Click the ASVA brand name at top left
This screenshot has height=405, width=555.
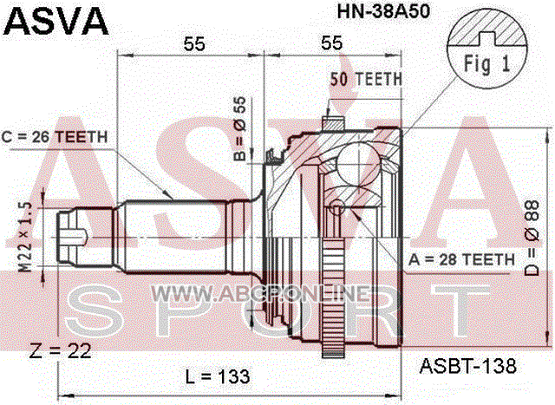pyautogui.click(x=55, y=21)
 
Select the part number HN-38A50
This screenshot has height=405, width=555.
pyautogui.click(x=383, y=11)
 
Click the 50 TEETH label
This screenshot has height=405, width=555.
pyautogui.click(x=366, y=79)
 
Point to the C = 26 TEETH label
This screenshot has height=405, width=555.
pyautogui.click(x=55, y=137)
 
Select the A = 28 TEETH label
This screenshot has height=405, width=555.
pyautogui.click(x=461, y=260)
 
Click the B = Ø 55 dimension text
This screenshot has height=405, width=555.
pyautogui.click(x=240, y=128)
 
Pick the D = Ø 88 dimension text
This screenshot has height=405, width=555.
pyautogui.click(x=532, y=238)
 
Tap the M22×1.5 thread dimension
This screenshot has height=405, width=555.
pyautogui.click(x=25, y=237)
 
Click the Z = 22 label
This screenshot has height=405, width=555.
pyautogui.click(x=61, y=351)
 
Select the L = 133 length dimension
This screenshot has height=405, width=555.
pyautogui.click(x=218, y=376)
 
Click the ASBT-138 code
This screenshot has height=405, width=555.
pyautogui.click(x=468, y=366)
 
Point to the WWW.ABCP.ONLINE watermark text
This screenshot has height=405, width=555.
pyautogui.click(x=261, y=293)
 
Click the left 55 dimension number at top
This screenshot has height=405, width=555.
pyautogui.click(x=194, y=44)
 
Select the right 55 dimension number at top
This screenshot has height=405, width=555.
pyautogui.click(x=331, y=42)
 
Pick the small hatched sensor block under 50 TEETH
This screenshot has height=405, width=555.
pyautogui.click(x=333, y=124)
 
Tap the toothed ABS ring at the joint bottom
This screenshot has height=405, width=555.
pyautogui.click(x=334, y=298)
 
